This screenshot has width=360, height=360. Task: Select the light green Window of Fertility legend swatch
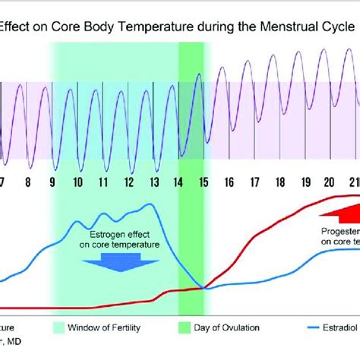click(x=65, y=328)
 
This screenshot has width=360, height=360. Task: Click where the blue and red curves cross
click(x=204, y=288)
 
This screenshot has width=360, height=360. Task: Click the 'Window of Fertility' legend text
click(x=118, y=328)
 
